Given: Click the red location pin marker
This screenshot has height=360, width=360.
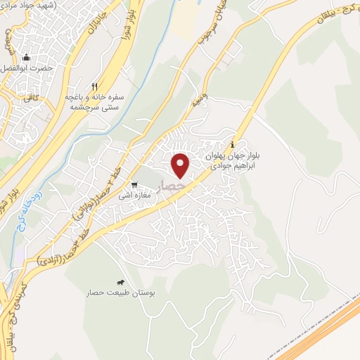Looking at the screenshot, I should click(x=181, y=165).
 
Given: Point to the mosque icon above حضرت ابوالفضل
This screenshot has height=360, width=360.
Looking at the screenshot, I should click(x=27, y=58).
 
